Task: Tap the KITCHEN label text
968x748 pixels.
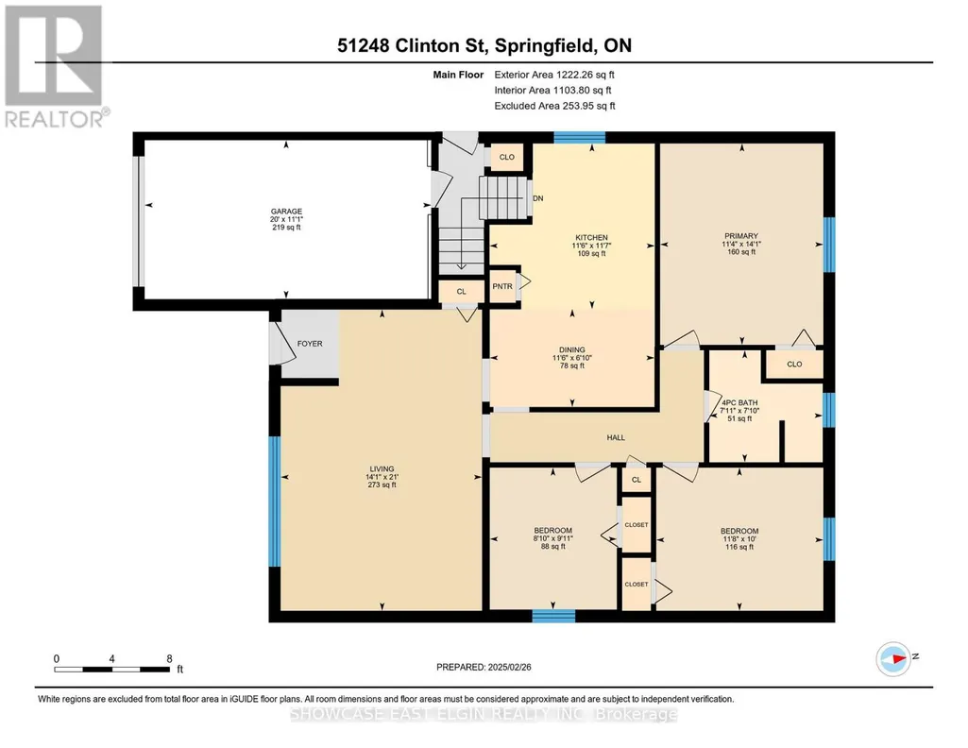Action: [591, 238]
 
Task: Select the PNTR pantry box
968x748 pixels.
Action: [502, 286]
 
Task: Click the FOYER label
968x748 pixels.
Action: [310, 344]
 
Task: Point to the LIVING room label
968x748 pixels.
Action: [382, 469]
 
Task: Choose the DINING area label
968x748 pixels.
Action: [572, 350]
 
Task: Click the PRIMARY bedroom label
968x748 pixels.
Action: [741, 236]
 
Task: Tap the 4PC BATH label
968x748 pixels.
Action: [739, 403]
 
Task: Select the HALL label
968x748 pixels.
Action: [616, 437]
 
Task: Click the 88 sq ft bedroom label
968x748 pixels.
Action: [553, 538]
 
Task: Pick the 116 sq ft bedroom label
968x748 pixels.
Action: [739, 538]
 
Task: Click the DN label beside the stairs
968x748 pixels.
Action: [537, 198]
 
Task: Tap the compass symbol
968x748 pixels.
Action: [893, 658]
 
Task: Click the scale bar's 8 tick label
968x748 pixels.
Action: [169, 659]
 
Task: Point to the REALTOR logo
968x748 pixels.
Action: [55, 66]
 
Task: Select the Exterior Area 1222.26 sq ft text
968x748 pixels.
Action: [554, 75]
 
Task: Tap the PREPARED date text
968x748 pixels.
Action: [484, 667]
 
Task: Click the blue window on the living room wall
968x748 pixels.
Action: [275, 501]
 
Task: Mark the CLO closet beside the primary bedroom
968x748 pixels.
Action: [794, 365]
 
